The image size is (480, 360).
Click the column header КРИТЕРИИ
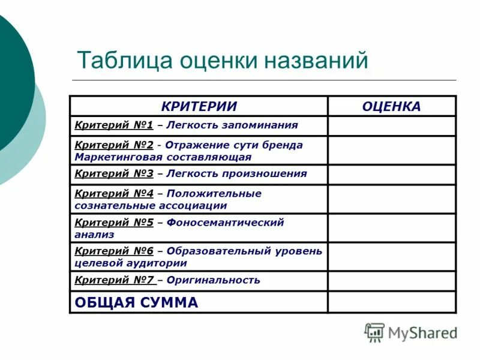[x=199, y=106]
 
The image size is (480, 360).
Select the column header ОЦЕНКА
[x=391, y=106]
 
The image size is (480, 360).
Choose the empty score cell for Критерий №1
[x=391, y=126]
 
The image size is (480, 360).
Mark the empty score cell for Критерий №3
[x=391, y=174]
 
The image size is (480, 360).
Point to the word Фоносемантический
[x=225, y=222]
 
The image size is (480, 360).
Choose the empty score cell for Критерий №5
[x=391, y=228]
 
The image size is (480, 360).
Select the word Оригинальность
[x=214, y=280]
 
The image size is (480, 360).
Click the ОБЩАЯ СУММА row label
[x=136, y=302]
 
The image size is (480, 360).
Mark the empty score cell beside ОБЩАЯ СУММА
[x=391, y=302]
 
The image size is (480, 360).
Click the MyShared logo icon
[x=374, y=332]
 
